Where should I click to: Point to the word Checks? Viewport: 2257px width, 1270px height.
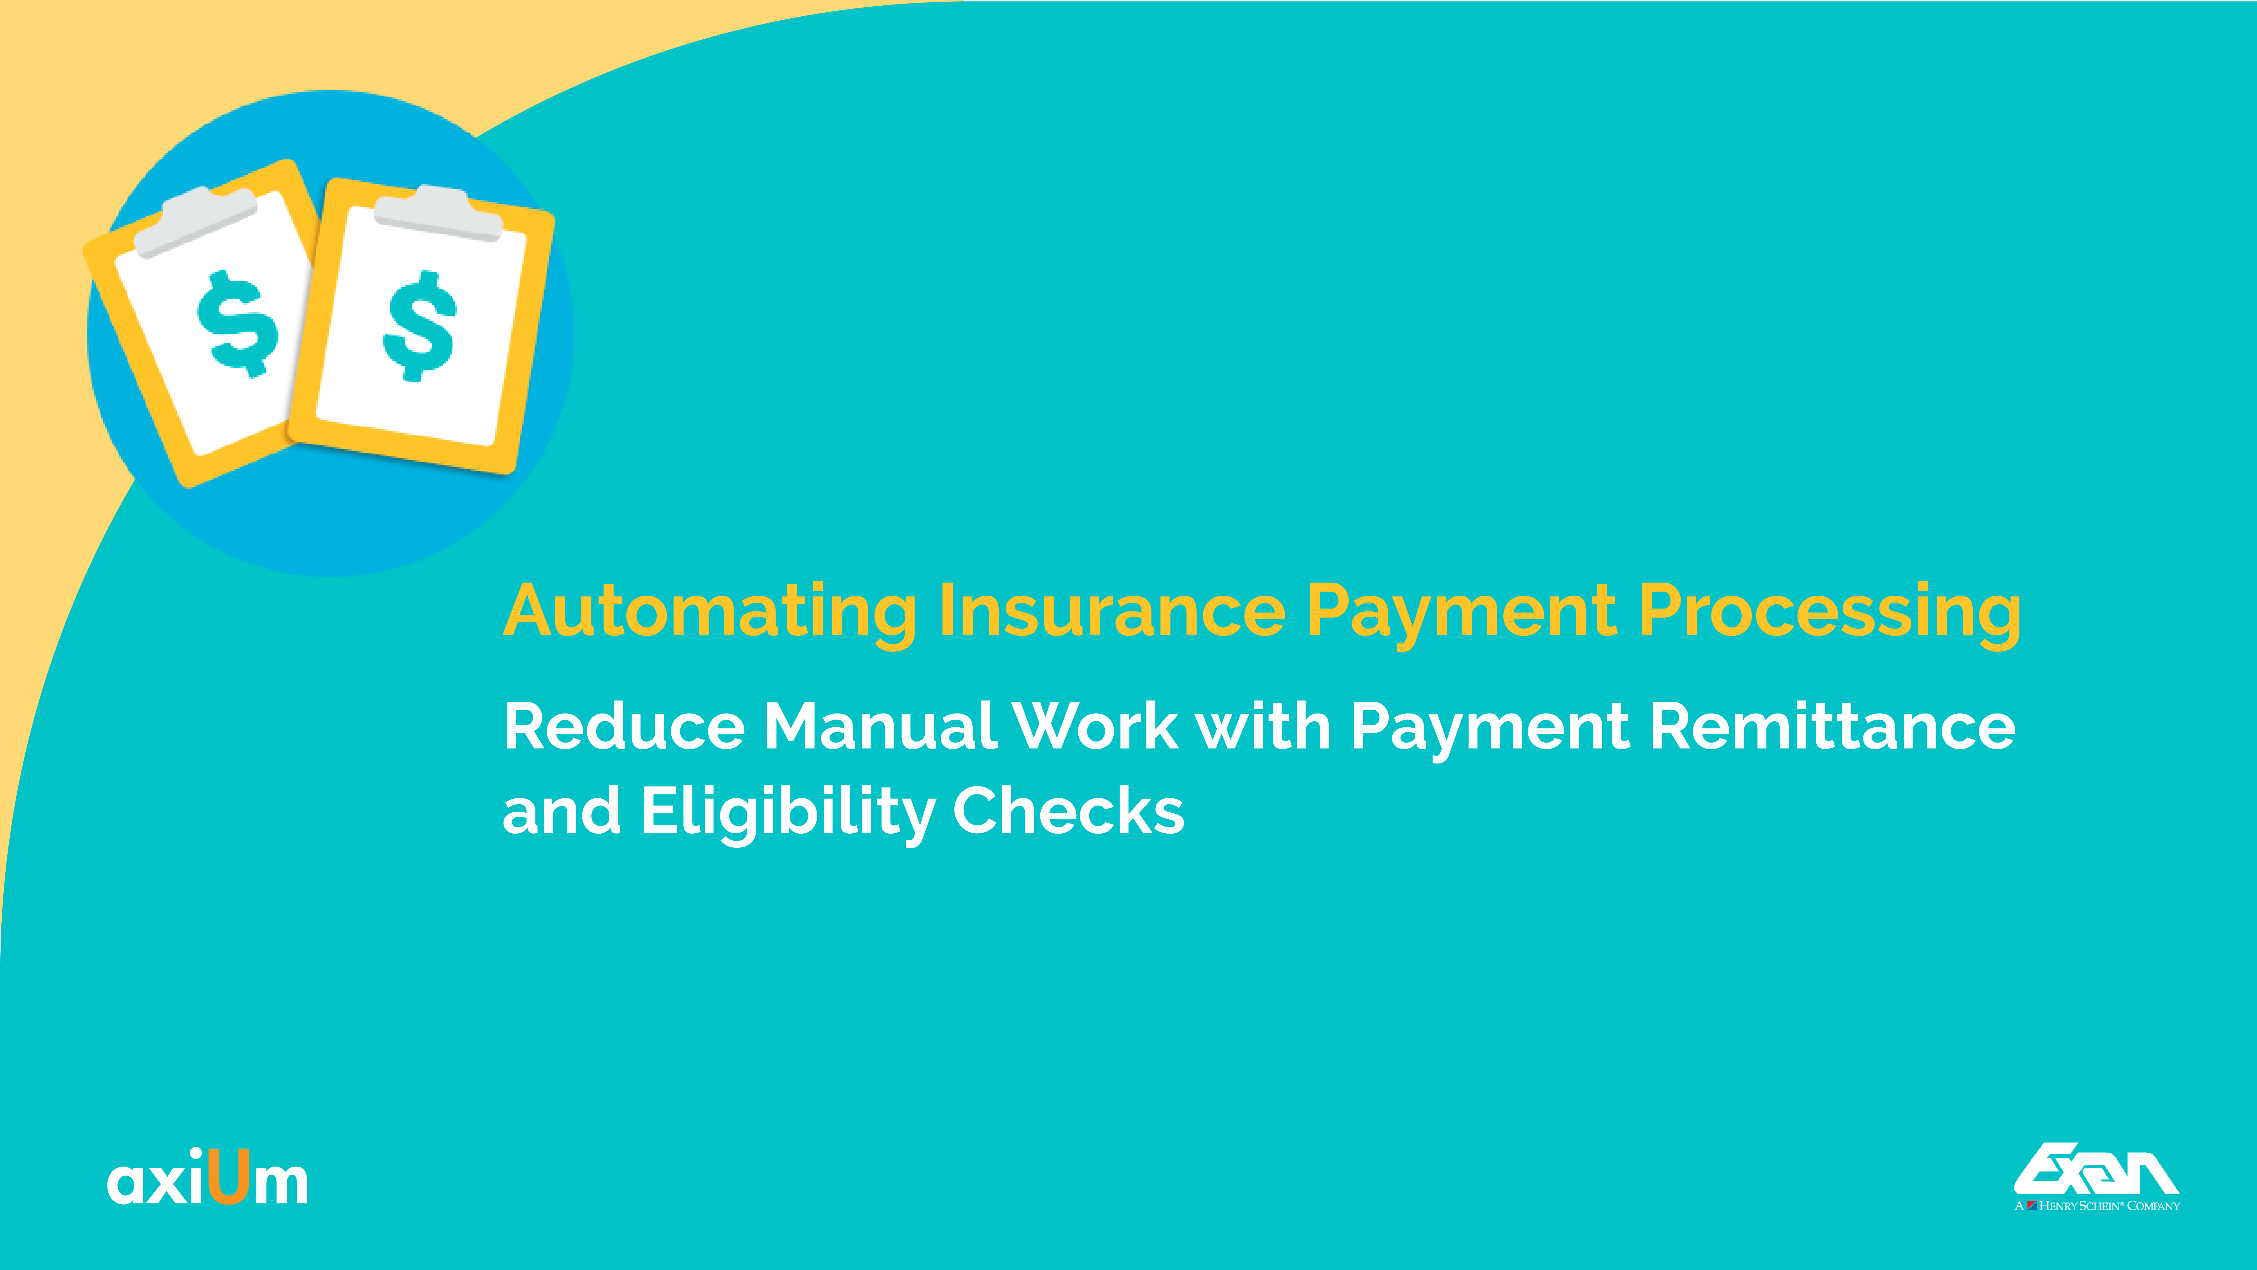1068,810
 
